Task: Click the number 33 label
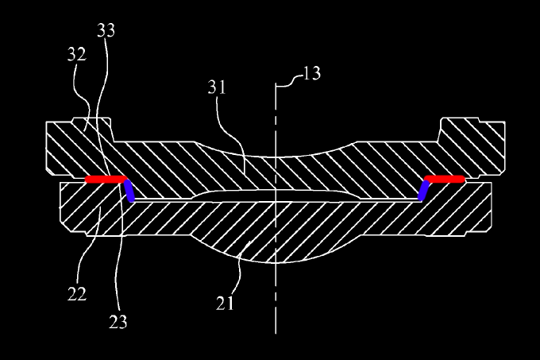click(106, 30)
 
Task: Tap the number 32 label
click(77, 55)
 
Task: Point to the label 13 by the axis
click(311, 75)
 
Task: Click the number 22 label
click(76, 294)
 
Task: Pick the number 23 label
click(118, 321)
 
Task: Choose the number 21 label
click(226, 304)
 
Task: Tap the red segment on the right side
click(445, 180)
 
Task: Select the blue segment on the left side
click(129, 192)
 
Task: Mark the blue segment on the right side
click(423, 191)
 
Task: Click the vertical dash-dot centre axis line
click(276, 302)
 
